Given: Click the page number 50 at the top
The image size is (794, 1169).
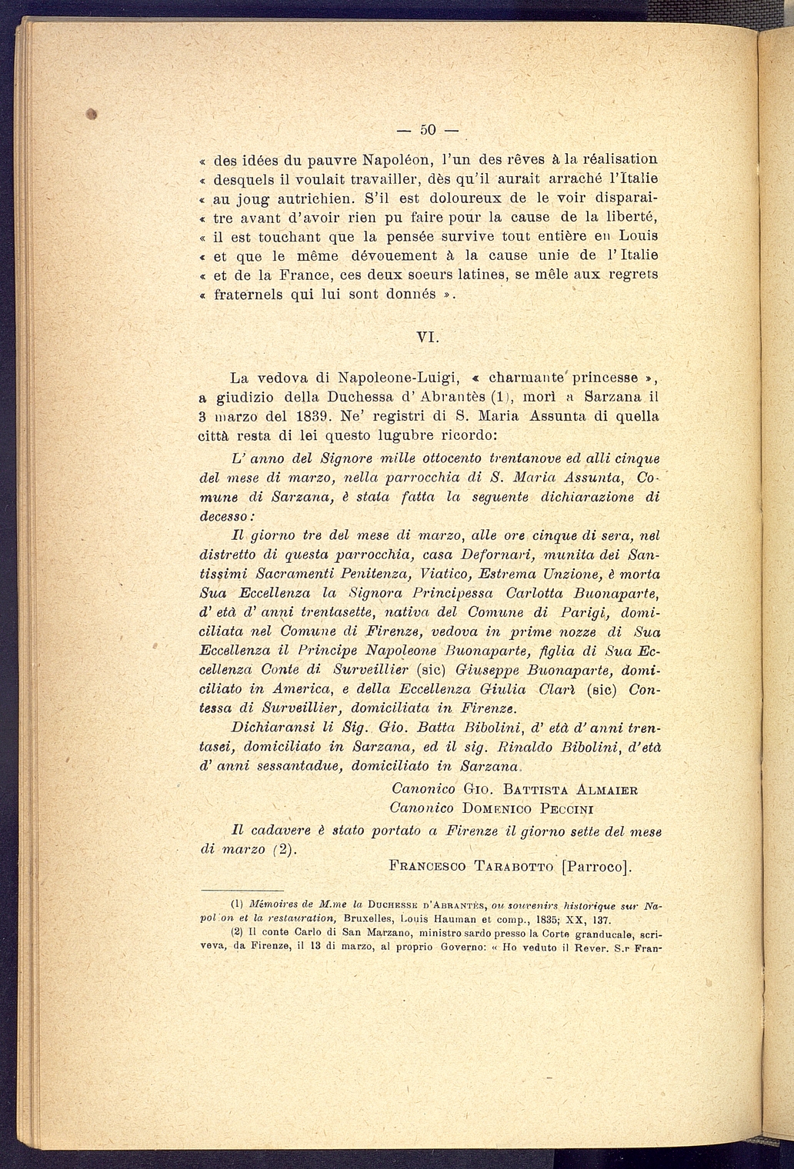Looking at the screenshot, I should (x=428, y=127).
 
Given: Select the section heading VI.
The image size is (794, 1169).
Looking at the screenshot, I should (x=427, y=337).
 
